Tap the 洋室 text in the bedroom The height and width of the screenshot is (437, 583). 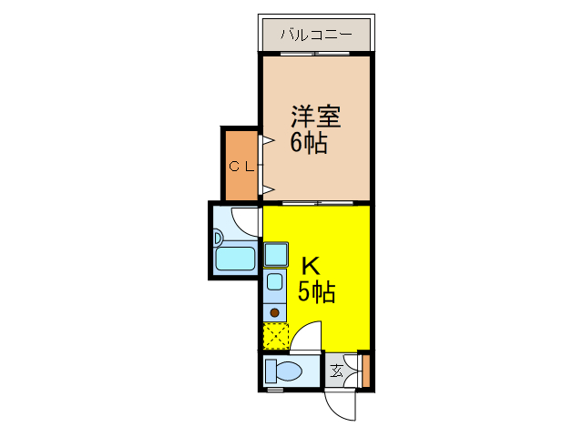(316, 117)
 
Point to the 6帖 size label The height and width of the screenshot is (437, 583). (309, 143)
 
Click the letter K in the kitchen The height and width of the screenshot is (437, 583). (311, 266)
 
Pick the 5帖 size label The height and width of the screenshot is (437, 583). (316, 292)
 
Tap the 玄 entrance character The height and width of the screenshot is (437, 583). (336, 371)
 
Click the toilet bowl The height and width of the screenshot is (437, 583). (285, 371)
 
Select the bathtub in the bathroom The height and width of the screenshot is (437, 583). (234, 260)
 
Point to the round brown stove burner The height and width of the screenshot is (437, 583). (274, 312)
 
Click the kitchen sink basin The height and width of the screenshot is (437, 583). (274, 280)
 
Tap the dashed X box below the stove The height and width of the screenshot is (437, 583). (275, 337)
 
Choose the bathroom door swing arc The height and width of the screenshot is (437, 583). (249, 219)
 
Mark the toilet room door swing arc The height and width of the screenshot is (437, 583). (307, 334)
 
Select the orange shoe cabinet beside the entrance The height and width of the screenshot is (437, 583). (364, 371)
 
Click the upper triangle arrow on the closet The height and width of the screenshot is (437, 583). (268, 141)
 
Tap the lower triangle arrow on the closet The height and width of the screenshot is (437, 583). (268, 188)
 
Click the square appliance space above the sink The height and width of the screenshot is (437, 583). (275, 254)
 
